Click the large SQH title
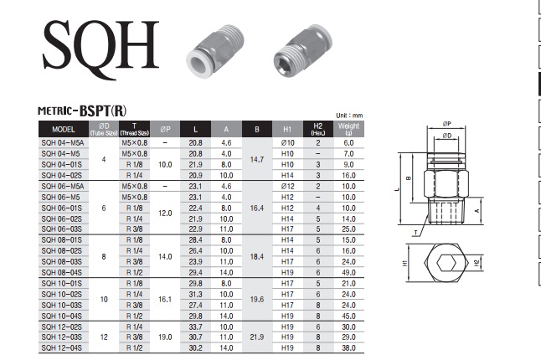[x=100, y=49]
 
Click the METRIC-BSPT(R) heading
[x=82, y=111]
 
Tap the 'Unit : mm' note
[x=349, y=116]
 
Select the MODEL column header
[x=64, y=129]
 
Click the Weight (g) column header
[x=348, y=129]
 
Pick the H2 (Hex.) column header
[x=317, y=129]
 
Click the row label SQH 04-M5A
[x=63, y=143]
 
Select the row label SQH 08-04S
[x=62, y=272]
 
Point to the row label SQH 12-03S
[x=62, y=337]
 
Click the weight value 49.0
[x=348, y=272]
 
